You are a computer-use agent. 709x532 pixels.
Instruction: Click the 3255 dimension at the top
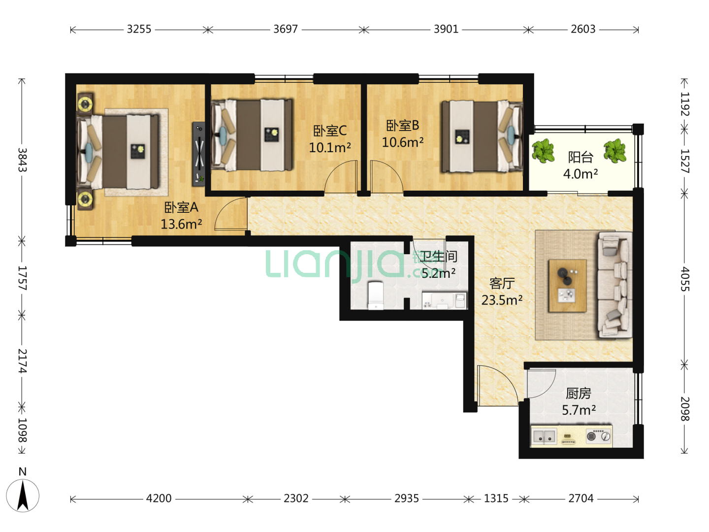pos(139,30)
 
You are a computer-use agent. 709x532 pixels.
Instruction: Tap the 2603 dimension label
pos(582,30)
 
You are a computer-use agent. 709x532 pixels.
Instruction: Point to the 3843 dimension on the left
pos(22,160)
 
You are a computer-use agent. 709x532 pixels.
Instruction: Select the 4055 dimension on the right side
pos(684,279)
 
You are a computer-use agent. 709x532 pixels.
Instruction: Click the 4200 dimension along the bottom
pos(159,499)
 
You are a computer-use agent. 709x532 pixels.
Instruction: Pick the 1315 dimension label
pos(496,499)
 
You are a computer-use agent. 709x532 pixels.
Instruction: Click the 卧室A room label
pos(181,207)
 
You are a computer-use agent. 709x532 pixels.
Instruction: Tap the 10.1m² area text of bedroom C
pos(330,148)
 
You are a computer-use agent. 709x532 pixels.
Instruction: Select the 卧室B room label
pos(402,126)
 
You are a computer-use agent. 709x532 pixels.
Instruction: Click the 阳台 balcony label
pos(580,157)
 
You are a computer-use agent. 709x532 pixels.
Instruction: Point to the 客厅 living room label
pos(502,284)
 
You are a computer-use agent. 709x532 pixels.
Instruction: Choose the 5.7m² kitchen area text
pos(579,410)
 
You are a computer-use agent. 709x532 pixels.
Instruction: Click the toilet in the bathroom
pos(376,296)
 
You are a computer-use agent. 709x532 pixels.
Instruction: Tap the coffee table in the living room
pos(568,286)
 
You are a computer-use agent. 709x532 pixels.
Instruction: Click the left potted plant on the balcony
pos(543,150)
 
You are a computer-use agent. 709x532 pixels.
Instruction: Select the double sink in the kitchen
pos(544,436)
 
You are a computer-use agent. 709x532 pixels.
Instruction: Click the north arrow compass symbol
pos(23,495)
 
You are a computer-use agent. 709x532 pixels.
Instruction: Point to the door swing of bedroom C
pos(341,177)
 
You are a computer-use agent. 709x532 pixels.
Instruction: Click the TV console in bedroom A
pos(198,154)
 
